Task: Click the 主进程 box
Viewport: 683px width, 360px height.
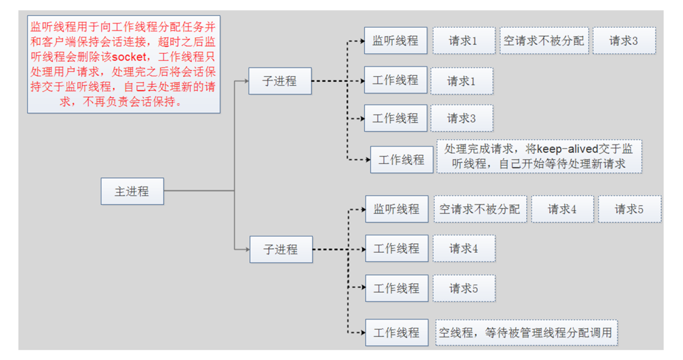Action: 132,191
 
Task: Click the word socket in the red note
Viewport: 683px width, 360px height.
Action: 129,57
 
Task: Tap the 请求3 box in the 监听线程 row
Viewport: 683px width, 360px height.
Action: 624,41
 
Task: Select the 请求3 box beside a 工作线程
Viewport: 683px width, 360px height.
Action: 461,118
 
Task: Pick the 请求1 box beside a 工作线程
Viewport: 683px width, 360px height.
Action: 461,81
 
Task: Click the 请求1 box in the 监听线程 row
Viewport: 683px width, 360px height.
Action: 463,41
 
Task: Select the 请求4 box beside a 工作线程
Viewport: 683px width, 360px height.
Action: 464,249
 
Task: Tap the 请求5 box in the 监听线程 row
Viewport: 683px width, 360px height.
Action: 629,209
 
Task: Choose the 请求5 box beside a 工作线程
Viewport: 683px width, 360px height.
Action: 464,288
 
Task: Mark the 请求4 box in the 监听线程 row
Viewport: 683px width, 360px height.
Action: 562,209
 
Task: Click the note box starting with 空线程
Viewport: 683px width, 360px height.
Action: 526,333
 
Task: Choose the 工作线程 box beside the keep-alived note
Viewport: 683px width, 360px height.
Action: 401,160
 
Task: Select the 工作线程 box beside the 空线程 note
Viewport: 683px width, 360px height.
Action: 396,333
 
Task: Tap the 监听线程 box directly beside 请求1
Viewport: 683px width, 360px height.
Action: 395,41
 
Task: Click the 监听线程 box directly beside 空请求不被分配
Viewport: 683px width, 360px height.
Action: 396,209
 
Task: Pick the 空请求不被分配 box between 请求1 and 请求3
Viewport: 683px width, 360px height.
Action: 544,41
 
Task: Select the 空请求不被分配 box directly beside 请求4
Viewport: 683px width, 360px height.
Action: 480,209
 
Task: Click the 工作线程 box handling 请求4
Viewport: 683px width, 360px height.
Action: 396,249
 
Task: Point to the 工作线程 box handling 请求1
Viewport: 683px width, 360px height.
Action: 395,80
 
